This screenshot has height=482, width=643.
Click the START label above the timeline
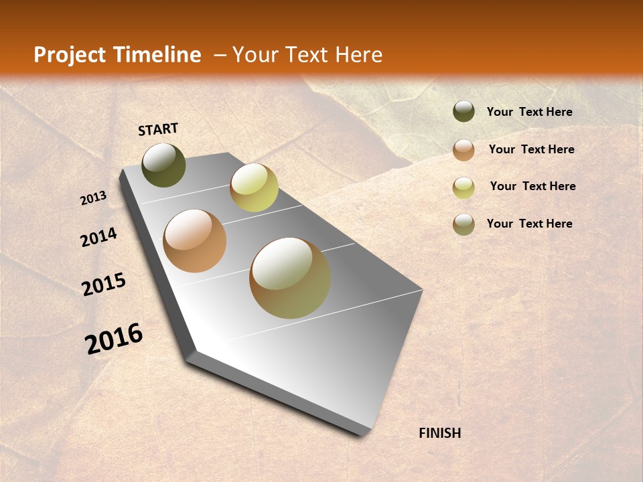pyautogui.click(x=158, y=129)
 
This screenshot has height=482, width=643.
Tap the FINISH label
pyautogui.click(x=439, y=433)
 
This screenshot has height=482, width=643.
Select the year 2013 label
pyautogui.click(x=94, y=198)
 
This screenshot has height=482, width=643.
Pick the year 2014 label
pyautogui.click(x=99, y=237)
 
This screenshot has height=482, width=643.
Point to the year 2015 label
pyautogui.click(x=104, y=285)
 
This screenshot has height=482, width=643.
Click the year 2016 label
pyautogui.click(x=114, y=338)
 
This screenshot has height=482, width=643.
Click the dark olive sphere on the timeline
pyautogui.click(x=163, y=165)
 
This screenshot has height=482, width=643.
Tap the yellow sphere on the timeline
pyautogui.click(x=254, y=187)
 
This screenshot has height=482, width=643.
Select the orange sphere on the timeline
pyautogui.click(x=195, y=241)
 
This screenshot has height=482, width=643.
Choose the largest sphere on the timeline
pyautogui.click(x=290, y=278)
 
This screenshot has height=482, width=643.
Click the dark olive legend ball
pyautogui.click(x=463, y=112)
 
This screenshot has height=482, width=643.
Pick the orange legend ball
pyautogui.click(x=463, y=150)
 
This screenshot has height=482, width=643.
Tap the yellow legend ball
pyautogui.click(x=463, y=187)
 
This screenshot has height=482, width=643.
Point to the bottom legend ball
pyautogui.click(x=463, y=224)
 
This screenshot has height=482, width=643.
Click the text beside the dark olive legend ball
pyautogui.click(x=529, y=112)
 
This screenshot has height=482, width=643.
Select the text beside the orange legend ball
pyautogui.click(x=531, y=149)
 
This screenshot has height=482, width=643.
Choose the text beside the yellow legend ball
pyautogui.click(x=532, y=186)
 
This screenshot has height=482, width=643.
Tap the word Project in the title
pyautogui.click(x=68, y=55)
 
